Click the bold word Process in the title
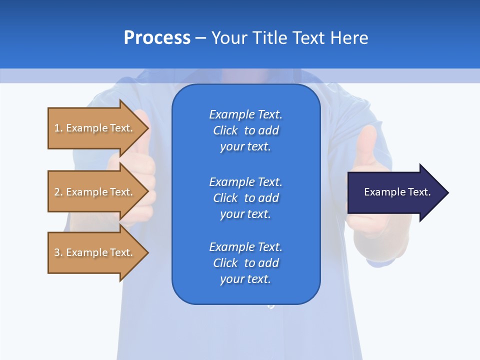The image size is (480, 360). click(157, 38)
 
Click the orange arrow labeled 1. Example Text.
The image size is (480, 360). click(90, 128)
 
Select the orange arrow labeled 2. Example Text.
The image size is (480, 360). click(90, 192)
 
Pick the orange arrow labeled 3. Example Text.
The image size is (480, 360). click(90, 252)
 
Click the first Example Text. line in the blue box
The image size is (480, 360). click(245, 114)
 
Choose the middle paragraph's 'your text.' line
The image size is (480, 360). click(245, 214)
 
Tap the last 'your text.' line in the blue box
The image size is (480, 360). click(245, 279)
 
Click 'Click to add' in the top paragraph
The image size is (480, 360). click(245, 130)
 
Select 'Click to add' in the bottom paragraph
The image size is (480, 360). click(245, 263)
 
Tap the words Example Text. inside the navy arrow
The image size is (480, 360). click(397, 192)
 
